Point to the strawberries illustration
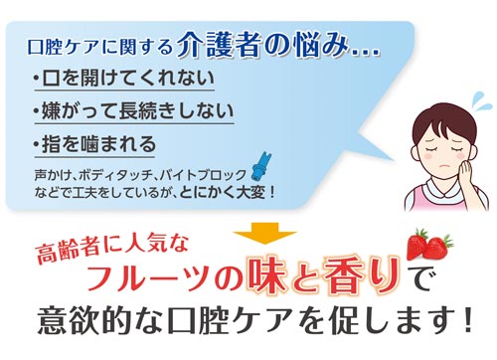[429, 243]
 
